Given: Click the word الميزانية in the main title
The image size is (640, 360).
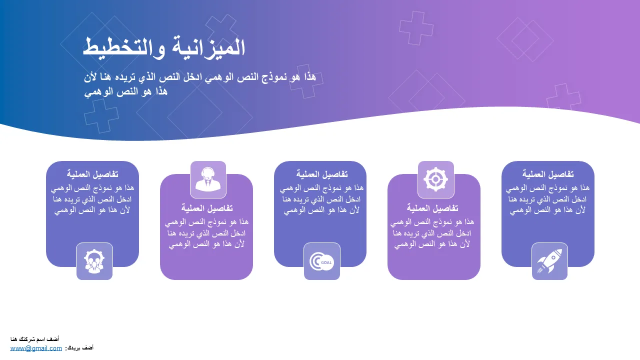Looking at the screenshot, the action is point(208,47).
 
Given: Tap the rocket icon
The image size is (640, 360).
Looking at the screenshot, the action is point(549,261).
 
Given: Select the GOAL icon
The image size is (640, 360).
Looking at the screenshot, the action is point(321,261).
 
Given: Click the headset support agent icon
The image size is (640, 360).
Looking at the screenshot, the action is point(208,179).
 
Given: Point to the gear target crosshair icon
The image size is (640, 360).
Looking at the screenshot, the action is point(435,179).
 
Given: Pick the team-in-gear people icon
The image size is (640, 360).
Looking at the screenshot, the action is point(94,261).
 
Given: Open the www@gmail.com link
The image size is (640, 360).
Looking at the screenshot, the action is point(36,348).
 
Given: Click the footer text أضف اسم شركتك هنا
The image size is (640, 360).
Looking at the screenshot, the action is point(35,339).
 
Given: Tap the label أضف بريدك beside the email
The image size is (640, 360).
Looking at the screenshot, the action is point(79,348).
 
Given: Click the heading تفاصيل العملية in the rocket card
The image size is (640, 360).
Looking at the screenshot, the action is point(548,174).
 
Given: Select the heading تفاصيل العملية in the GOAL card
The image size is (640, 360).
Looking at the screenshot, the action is point(321,174).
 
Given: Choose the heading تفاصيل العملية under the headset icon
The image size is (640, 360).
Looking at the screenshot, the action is point(207,208).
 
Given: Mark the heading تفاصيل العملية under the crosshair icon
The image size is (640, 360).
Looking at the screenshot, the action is point(432,208).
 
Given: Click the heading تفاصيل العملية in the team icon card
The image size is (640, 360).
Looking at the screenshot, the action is point(92,174).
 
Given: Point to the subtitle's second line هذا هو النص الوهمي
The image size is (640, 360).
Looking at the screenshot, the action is point(125,91).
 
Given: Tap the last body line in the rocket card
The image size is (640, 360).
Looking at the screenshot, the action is point(547,210).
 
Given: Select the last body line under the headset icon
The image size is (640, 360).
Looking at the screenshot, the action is point(206,244).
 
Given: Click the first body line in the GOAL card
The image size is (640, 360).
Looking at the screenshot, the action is point(321,188).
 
